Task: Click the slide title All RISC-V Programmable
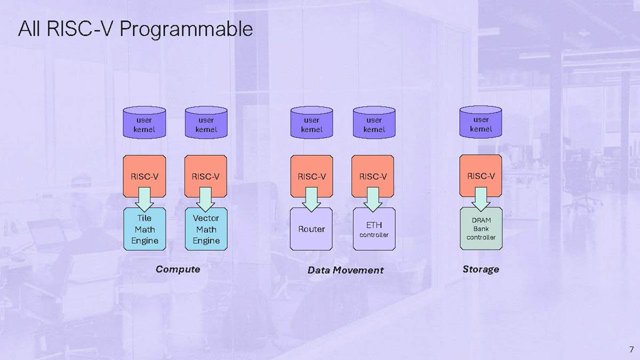point(135,29)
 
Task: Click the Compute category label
point(178,269)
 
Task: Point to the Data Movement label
point(345,270)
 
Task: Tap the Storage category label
point(481,269)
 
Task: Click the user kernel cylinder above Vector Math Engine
point(206,123)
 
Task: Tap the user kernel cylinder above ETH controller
point(374,123)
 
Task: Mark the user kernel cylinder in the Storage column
point(481,123)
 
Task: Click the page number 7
point(631,349)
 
